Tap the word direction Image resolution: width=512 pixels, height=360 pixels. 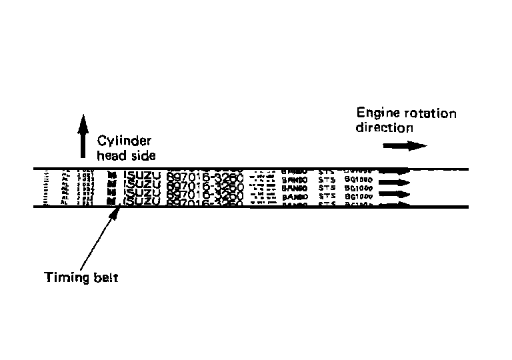(x=385, y=127)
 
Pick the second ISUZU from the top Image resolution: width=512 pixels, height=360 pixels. (x=141, y=185)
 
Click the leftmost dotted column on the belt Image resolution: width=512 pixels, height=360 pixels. (x=46, y=188)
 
